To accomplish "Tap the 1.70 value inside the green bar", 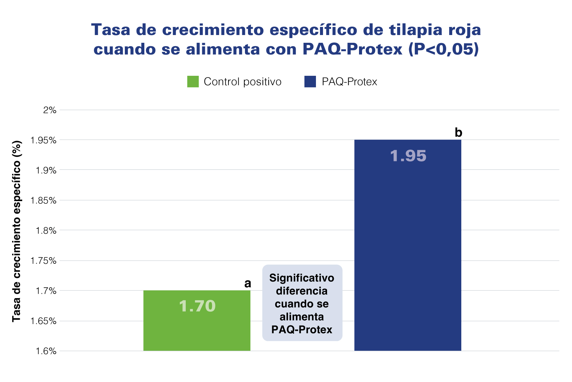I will click(197, 306).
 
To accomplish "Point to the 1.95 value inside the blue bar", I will click(408, 156).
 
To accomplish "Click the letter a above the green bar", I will click(248, 284).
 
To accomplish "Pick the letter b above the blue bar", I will click(458, 133).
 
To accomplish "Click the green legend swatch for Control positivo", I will click(193, 82).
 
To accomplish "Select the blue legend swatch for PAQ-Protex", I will click(310, 82).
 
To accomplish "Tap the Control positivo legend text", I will click(242, 82).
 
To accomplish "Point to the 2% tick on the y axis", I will click(50, 110).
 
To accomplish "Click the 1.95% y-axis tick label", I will click(43, 140).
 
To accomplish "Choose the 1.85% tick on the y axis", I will click(43, 201).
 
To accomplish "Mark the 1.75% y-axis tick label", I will click(43, 261).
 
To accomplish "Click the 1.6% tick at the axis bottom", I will click(46, 351).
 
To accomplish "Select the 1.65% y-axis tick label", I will click(43, 321).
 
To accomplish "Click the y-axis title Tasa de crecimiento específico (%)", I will click(16, 231).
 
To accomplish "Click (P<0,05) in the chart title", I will click(443, 49).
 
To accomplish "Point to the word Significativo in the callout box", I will click(302, 278).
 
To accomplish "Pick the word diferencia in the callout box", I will click(302, 291).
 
